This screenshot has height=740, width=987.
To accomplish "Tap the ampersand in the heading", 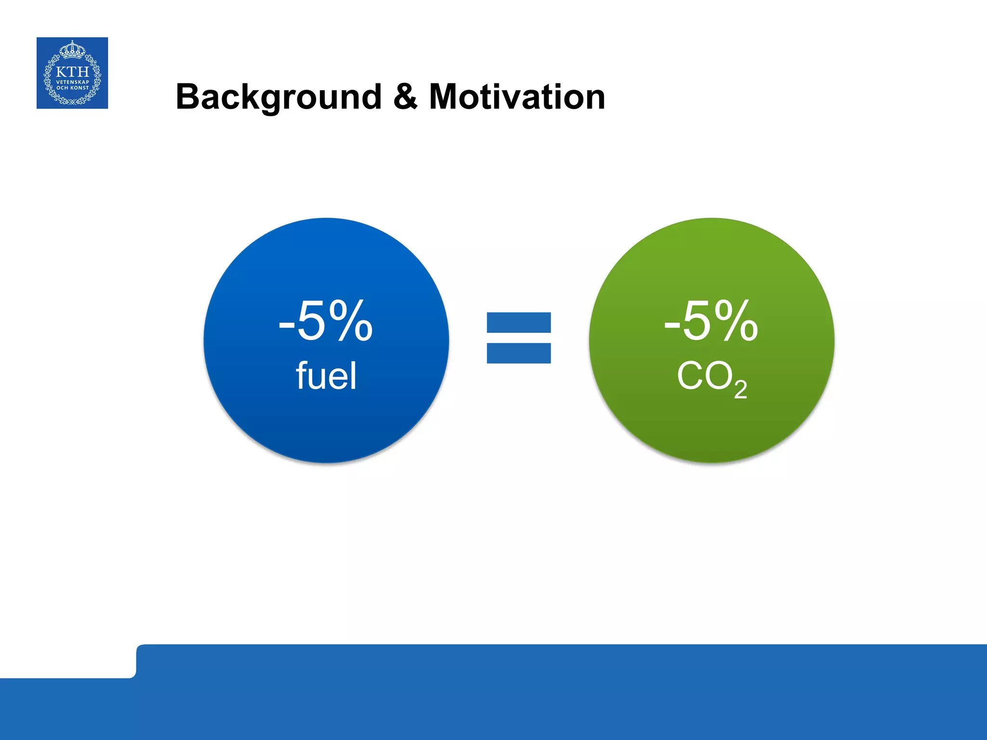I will click(405, 96).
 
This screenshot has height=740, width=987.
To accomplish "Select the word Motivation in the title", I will click(517, 97).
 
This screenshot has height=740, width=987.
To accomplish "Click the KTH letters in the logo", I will click(72, 72).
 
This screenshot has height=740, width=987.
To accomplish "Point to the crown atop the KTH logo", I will click(72, 49).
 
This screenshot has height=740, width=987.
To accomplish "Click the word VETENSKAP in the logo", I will click(72, 82).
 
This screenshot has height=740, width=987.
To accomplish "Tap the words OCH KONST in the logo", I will click(72, 88).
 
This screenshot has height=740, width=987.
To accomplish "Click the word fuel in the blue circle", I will click(326, 376).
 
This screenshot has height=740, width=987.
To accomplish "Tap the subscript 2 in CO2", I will click(741, 389).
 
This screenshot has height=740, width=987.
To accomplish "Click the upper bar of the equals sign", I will click(519, 323).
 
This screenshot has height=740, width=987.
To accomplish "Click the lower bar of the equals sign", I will click(519, 353).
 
